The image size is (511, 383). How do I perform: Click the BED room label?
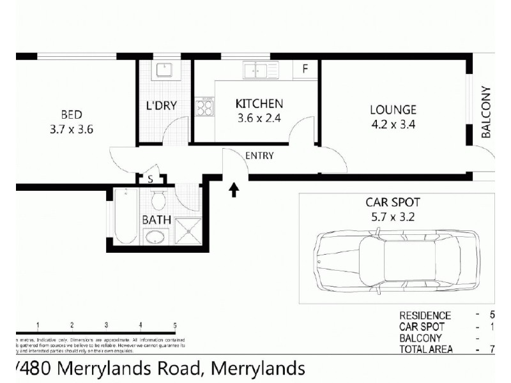(x=71, y=115)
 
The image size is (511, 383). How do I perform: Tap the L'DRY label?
(x=161, y=106)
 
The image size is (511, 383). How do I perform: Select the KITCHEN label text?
(x=259, y=103)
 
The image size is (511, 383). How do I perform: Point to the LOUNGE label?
(x=393, y=110)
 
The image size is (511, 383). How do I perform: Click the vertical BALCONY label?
(x=485, y=112)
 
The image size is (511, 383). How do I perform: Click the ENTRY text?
(x=259, y=156)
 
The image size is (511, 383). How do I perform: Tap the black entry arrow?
(x=234, y=188)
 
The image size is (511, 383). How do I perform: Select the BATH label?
(x=156, y=220)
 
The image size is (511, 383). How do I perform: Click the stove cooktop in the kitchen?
(x=206, y=107)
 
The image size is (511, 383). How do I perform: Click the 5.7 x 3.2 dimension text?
(x=392, y=216)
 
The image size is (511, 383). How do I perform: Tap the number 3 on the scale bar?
(x=106, y=325)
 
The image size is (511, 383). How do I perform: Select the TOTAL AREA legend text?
(x=425, y=349)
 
